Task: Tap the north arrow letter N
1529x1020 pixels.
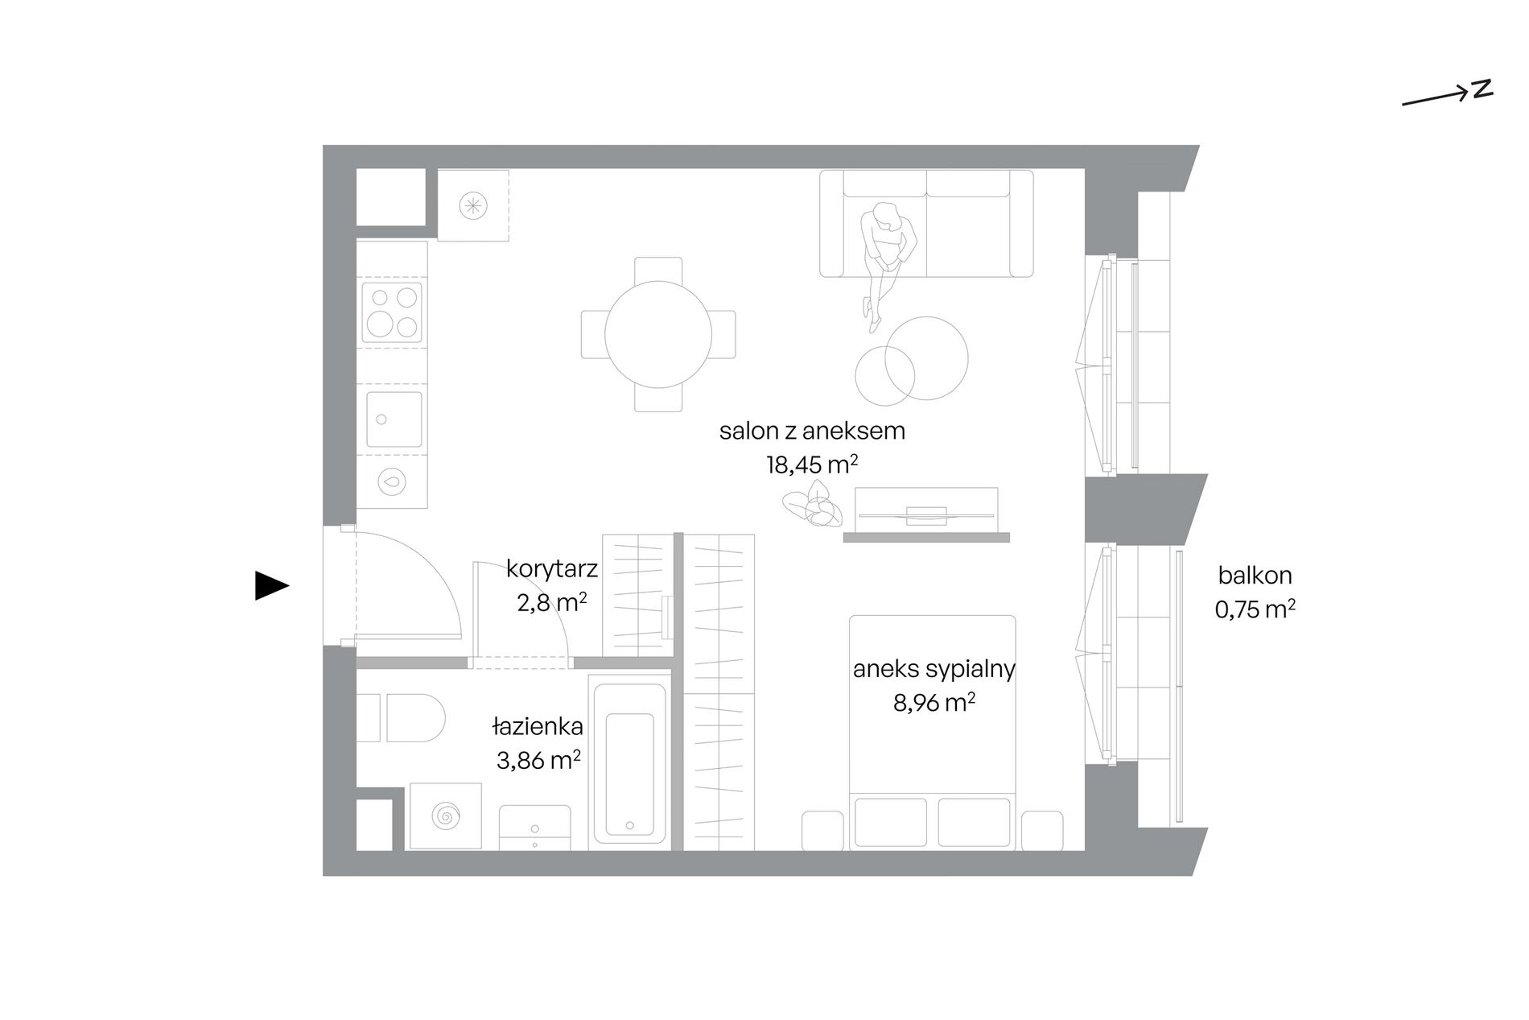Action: click(x=1482, y=90)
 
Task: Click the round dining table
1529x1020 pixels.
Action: click(x=658, y=334)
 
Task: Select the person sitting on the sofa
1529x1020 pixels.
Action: click(x=885, y=262)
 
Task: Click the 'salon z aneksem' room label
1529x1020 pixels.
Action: click(x=812, y=432)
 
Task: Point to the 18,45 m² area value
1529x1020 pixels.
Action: click(x=812, y=465)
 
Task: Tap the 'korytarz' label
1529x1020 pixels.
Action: click(x=552, y=569)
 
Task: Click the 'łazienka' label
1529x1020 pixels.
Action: click(x=538, y=727)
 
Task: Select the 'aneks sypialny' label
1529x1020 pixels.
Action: click(x=934, y=670)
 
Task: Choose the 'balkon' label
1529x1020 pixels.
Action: click(x=1255, y=576)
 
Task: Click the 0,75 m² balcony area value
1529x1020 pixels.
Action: click(x=1255, y=609)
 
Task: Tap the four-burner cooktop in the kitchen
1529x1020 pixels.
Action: click(x=392, y=312)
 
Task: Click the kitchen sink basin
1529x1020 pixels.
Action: click(x=394, y=419)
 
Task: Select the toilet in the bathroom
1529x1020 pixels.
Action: click(x=401, y=718)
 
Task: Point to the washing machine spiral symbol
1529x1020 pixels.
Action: click(x=445, y=816)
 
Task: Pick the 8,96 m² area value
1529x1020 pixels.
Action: click(x=934, y=703)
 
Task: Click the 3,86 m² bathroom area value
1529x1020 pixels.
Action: click(x=538, y=760)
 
